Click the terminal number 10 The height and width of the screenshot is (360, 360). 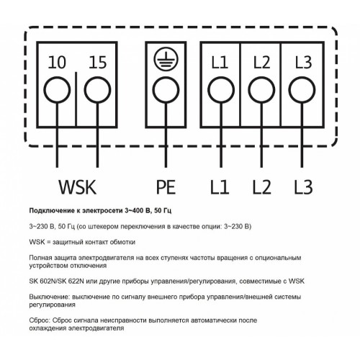[x=57, y=63]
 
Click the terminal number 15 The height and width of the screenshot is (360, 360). [x=98, y=63]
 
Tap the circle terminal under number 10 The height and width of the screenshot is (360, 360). [x=57, y=90]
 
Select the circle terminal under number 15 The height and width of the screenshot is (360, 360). [x=98, y=90]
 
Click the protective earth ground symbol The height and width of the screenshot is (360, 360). [x=166, y=58]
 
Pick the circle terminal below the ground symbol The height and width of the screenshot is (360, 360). [x=166, y=90]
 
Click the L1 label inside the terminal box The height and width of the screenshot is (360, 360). [x=220, y=63]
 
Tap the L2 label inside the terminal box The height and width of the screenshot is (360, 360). [x=261, y=63]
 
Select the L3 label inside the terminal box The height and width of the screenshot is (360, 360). [x=303, y=63]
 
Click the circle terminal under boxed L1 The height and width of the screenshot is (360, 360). [x=221, y=90]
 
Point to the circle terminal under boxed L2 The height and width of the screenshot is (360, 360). [x=261, y=90]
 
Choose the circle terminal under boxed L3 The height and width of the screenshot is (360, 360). [x=302, y=90]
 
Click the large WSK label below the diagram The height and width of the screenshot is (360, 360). [x=77, y=187]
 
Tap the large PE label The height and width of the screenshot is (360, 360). [x=166, y=187]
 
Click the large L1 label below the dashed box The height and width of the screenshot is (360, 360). [x=220, y=187]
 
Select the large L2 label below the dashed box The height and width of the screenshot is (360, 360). [x=262, y=187]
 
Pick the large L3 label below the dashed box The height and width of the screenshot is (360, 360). [x=304, y=187]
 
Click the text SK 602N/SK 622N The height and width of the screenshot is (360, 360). [x=56, y=281]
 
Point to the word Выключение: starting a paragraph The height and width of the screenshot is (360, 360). [x=50, y=297]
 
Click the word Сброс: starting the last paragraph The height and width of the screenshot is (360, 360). [x=40, y=320]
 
